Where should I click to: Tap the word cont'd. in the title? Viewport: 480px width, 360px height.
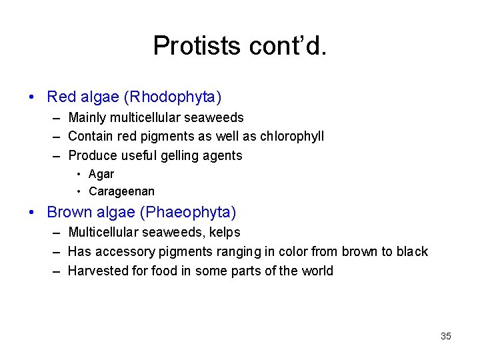tap(287, 45)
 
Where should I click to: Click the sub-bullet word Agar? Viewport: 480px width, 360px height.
tap(101, 174)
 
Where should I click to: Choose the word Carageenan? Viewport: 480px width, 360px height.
tap(121, 192)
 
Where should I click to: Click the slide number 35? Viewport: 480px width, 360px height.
tap(446, 336)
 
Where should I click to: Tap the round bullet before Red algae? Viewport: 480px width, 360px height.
tap(33, 97)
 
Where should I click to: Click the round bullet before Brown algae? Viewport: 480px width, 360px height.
tap(33, 213)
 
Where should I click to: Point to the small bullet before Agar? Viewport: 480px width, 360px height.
tap(79, 174)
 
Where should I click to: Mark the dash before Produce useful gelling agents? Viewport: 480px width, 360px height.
tap(55, 155)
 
